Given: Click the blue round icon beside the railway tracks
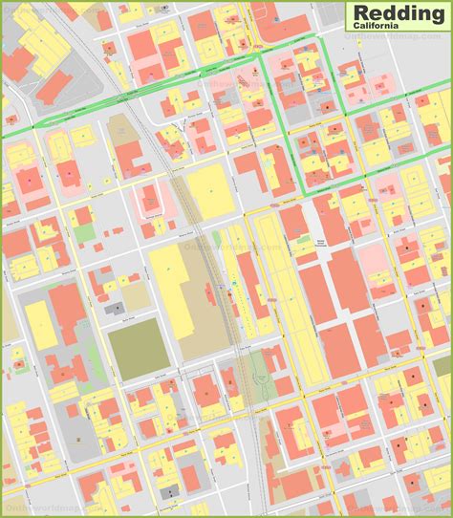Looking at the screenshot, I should [x=230, y=284].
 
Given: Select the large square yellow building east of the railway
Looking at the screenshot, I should [x=208, y=190].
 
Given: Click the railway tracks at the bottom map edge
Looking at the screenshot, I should [x=262, y=513].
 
